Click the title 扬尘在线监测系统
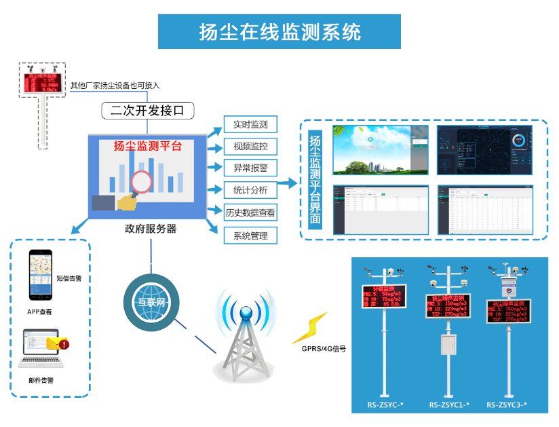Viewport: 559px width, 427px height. (279, 32)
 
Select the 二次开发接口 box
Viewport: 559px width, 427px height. (148, 109)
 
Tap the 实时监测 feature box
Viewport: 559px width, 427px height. (250, 125)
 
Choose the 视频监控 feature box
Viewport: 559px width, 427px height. (250, 146)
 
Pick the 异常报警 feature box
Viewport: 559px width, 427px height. (250, 168)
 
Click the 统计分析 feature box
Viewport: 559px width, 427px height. (250, 190)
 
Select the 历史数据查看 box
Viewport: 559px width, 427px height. (250, 212)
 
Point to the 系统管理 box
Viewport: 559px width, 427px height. (250, 236)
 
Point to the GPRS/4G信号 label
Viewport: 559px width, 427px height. (324, 349)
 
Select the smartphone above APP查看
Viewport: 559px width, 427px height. (40, 276)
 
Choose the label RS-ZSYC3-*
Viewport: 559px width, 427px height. (507, 405)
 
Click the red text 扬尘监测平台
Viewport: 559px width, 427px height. (147, 145)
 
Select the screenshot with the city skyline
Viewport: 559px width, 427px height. (381, 150)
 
